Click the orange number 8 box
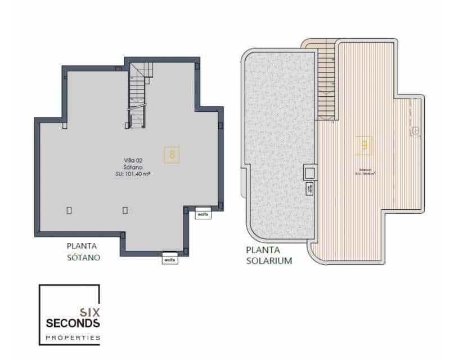click(x=172, y=154)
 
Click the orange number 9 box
click(x=364, y=146)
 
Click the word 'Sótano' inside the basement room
click(x=132, y=167)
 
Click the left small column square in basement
click(x=69, y=210)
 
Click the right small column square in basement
click(x=125, y=210)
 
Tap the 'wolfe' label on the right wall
click(x=203, y=214)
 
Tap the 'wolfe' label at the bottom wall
click(x=170, y=259)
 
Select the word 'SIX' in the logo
click(x=89, y=310)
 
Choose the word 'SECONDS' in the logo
click(x=73, y=323)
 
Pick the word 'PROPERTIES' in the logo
click(x=73, y=338)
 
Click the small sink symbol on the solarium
click(x=416, y=130)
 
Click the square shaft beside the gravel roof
click(x=310, y=172)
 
